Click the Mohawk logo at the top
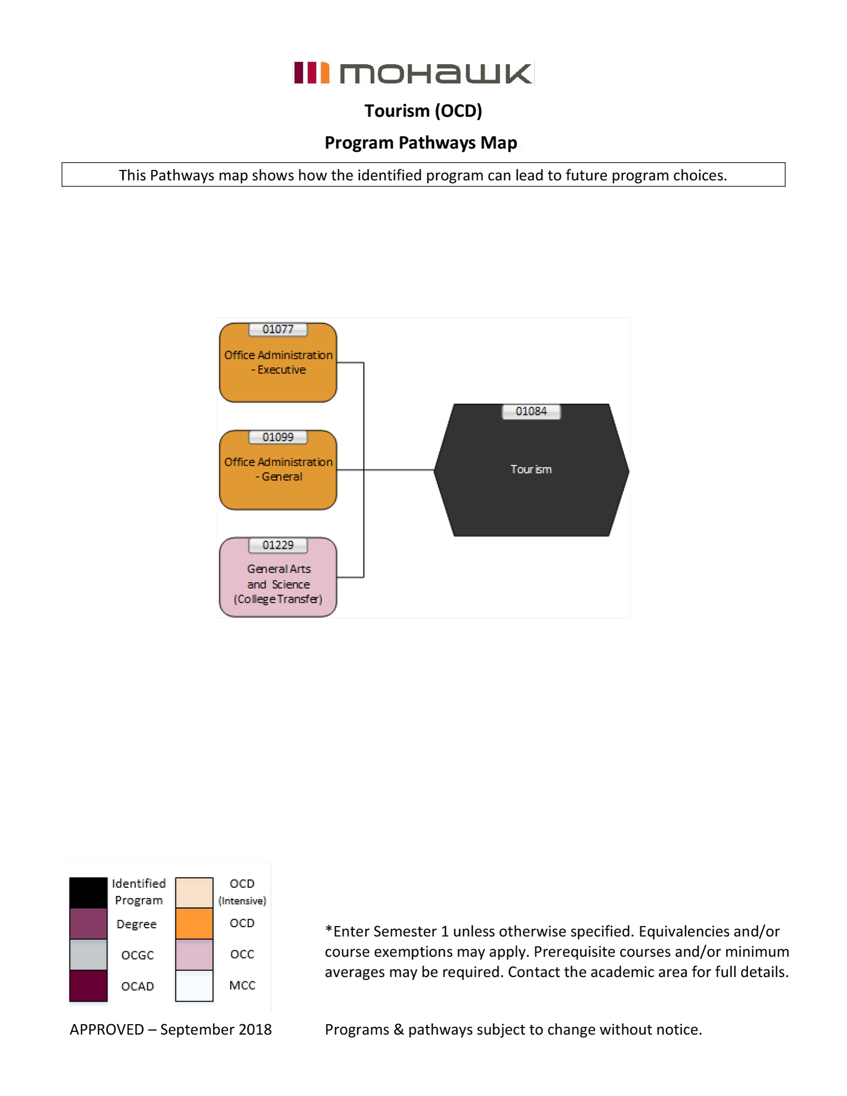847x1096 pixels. [413, 73]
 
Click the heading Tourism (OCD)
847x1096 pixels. [423, 111]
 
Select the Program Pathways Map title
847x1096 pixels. [420, 142]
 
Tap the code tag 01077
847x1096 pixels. [278, 329]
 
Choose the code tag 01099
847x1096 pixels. [278, 437]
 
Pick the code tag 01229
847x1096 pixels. [278, 545]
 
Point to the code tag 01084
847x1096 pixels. [531, 412]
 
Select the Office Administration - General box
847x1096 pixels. [278, 475]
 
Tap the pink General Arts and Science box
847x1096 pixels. [278, 583]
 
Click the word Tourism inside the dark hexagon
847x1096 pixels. [531, 470]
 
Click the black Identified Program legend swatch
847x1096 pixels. [88, 892]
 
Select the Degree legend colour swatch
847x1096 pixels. [88, 924]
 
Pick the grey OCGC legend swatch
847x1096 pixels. [88, 955]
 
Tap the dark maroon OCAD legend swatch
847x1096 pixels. [88, 986]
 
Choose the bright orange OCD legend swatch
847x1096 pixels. [194, 924]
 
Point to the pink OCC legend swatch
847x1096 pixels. [194, 955]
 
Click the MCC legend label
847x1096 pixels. [242, 985]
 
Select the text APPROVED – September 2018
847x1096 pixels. [170, 1030]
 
